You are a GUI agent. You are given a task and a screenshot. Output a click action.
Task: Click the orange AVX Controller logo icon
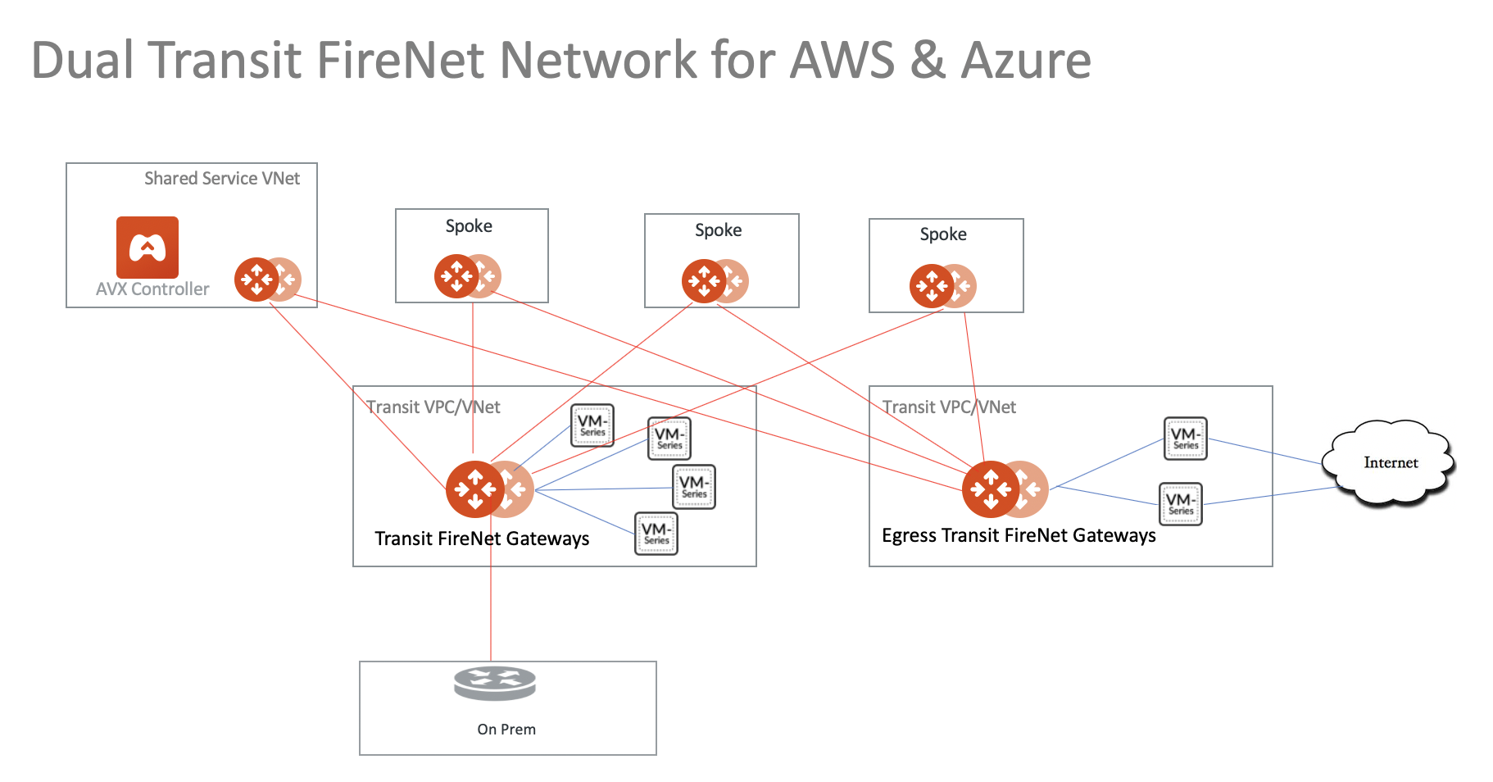pos(147,247)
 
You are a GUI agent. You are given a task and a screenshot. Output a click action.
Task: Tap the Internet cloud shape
pos(1390,463)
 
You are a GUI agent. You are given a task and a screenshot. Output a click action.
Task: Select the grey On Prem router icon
pos(495,684)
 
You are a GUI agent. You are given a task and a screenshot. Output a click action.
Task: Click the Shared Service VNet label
pos(222,179)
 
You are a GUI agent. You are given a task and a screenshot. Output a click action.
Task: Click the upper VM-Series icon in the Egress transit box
pos(1185,439)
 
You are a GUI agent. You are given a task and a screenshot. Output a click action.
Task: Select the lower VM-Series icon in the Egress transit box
pos(1181,504)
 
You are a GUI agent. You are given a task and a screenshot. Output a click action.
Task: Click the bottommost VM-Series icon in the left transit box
pos(656,534)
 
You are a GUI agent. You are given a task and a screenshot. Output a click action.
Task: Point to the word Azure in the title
pos(1026,61)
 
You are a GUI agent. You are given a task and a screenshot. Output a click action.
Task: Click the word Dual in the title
pos(82,61)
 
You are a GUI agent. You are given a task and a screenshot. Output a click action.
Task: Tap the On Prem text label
pos(506,730)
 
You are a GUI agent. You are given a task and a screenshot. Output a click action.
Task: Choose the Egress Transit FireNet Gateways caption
pos(1019,536)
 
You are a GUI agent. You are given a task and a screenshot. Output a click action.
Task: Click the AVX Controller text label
pos(152,289)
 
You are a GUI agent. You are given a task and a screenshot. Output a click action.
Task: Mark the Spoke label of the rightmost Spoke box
pos(943,234)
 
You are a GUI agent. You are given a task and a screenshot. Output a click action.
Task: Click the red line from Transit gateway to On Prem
pos(491,607)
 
